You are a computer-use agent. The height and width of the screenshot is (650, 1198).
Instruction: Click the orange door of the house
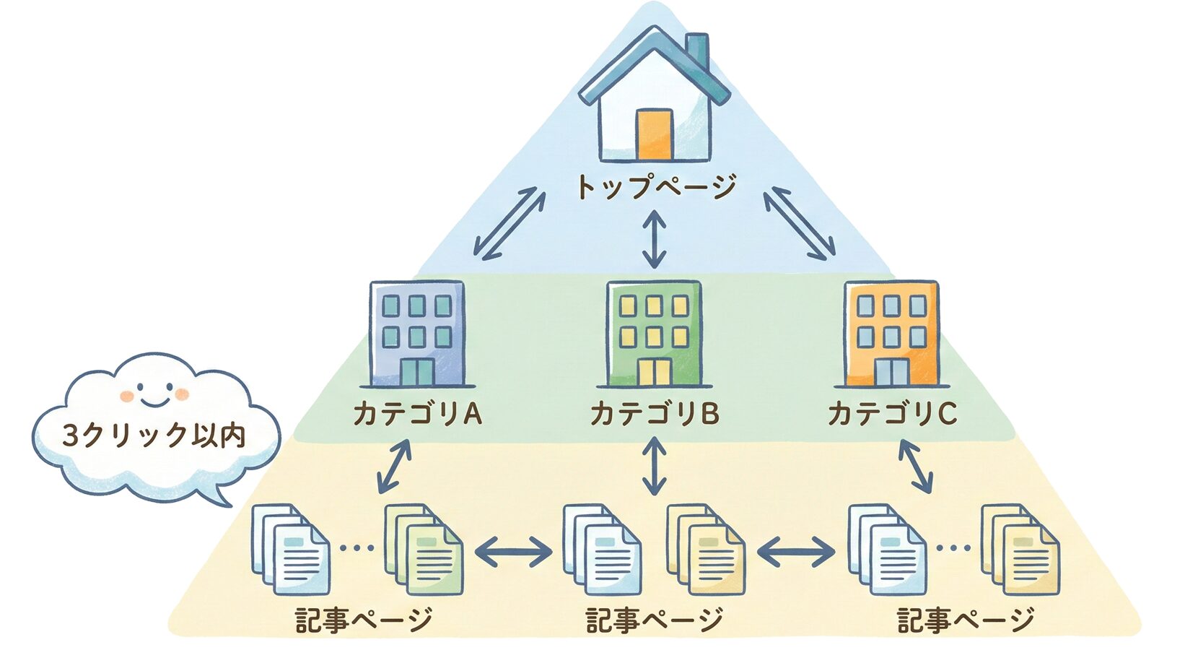(x=655, y=134)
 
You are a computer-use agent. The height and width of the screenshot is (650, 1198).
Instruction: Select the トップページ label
(x=655, y=187)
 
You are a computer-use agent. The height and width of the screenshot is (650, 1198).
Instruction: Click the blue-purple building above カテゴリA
(x=416, y=334)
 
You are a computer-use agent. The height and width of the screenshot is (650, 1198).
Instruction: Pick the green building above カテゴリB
(x=654, y=334)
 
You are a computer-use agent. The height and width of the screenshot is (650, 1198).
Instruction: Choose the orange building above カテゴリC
(x=892, y=334)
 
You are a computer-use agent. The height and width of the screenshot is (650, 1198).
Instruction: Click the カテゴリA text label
(x=416, y=414)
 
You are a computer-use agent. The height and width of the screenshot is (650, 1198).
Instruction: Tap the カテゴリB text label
(x=654, y=414)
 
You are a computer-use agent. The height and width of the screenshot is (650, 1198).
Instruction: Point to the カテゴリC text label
(x=892, y=414)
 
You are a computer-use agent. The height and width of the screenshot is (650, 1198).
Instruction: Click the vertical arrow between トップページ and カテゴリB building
(x=654, y=239)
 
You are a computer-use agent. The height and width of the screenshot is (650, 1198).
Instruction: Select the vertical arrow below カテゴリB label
(x=654, y=467)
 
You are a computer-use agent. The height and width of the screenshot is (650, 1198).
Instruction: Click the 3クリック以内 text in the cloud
(x=154, y=436)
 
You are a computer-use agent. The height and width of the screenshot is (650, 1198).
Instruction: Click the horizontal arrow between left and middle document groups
(x=513, y=553)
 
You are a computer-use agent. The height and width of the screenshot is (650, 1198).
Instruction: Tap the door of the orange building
(x=891, y=373)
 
